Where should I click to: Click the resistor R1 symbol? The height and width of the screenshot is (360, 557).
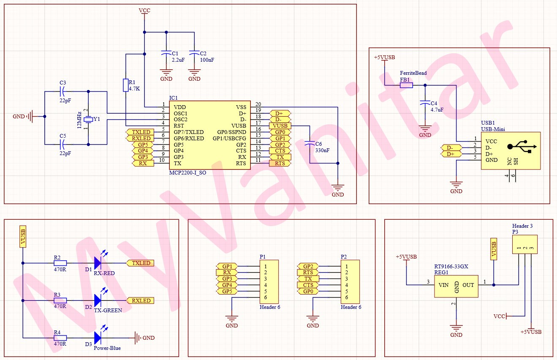125,85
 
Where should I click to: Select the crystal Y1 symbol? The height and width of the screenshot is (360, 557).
88,120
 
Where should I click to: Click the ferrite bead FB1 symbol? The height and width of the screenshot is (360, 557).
406,85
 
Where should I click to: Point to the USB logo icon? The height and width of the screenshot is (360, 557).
522,147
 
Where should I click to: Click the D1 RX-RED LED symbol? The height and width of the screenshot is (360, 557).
98,263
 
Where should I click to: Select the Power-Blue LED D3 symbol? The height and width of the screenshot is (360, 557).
98,338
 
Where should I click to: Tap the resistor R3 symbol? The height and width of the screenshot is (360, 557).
60,300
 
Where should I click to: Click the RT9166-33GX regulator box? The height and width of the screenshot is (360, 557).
456,285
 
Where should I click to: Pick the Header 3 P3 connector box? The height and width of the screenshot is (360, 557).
525,245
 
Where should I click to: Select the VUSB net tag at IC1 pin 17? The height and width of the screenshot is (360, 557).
280,126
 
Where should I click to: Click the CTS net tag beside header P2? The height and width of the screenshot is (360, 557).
308,285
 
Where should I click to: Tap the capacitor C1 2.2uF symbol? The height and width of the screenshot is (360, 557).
166,54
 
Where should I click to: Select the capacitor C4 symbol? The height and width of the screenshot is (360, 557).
425,103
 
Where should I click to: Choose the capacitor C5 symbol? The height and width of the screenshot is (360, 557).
62,145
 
